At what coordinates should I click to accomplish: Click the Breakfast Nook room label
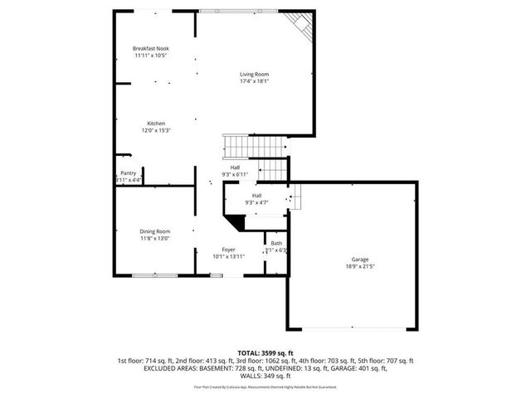point(150,48)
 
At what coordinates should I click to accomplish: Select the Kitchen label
point(156,124)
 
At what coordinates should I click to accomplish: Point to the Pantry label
point(128,172)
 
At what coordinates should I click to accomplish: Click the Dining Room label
point(155,231)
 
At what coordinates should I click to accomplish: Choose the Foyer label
point(228,249)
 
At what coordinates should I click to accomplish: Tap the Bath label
point(275,243)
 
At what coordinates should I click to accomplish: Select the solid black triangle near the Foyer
point(237,221)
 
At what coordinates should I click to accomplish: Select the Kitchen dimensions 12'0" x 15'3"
point(156,131)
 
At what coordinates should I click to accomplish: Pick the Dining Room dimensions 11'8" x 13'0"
point(155,239)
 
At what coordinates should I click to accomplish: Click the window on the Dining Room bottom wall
point(154,274)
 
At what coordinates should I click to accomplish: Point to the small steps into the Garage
point(295,197)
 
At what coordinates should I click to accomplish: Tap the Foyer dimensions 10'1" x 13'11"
point(228,256)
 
